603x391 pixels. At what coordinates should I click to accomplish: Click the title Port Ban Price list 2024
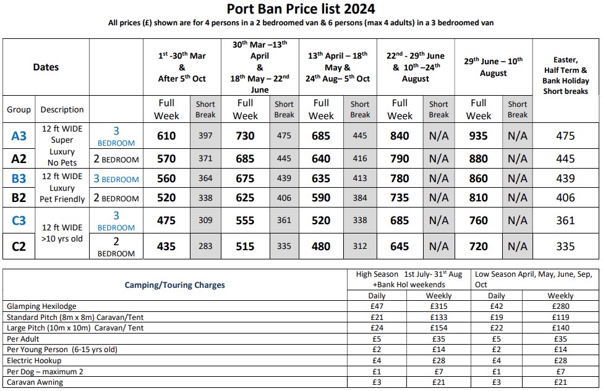click(x=301, y=9)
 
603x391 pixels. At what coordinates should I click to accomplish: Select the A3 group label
click(x=19, y=136)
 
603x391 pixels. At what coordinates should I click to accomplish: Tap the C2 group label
click(x=19, y=246)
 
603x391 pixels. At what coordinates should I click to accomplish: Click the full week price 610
click(x=166, y=136)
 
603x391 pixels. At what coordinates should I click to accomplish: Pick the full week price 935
click(x=478, y=136)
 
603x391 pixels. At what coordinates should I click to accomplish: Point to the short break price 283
click(x=205, y=246)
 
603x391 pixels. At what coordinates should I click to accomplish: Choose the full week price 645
click(x=400, y=246)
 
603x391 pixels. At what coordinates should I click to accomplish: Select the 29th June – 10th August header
click(x=493, y=67)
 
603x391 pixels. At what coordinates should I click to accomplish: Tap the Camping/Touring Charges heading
click(x=174, y=285)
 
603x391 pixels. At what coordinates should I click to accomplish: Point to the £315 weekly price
click(x=438, y=306)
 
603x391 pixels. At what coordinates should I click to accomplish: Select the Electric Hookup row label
click(x=30, y=360)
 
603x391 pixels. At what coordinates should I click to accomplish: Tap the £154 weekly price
click(x=438, y=328)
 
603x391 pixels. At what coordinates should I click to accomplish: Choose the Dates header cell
click(x=46, y=67)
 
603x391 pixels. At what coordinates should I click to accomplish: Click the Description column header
click(x=62, y=109)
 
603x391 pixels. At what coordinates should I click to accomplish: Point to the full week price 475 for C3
click(x=166, y=221)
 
